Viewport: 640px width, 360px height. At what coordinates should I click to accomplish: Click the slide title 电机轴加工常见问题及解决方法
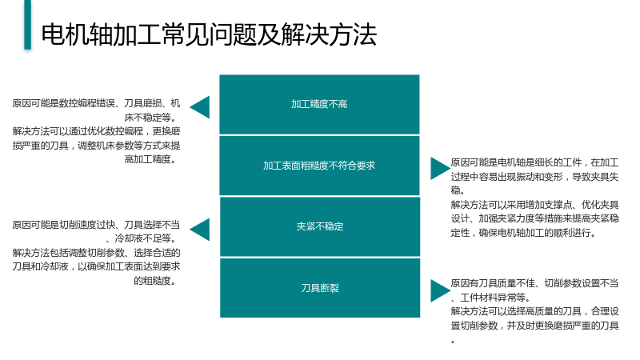pos(209,34)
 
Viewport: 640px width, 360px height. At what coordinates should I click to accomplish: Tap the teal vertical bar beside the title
pos(27,25)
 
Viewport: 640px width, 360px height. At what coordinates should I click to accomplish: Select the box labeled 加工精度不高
pos(319,104)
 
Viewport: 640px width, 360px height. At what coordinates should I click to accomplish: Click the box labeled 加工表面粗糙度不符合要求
pos(319,166)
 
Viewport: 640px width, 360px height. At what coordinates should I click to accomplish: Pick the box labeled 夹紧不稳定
pos(319,226)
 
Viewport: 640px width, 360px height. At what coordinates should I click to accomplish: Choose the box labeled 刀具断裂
pos(319,288)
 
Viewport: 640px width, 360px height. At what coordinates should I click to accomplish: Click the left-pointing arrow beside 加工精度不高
pos(199,107)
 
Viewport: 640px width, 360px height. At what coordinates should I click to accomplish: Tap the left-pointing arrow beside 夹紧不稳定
pos(199,230)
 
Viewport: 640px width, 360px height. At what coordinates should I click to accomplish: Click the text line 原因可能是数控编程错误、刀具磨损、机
pos(96,103)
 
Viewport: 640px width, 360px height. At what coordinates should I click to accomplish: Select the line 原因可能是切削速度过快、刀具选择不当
pos(96,225)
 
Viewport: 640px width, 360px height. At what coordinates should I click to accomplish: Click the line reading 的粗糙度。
pos(155,281)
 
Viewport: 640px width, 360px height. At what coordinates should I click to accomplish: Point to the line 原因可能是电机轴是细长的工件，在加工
pos(534,162)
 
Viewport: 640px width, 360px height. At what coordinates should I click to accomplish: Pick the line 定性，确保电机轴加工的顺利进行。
pos(524,233)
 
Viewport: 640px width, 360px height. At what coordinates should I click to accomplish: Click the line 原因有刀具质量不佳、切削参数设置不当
pos(534,283)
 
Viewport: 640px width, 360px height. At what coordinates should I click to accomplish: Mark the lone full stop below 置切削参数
pos(453,342)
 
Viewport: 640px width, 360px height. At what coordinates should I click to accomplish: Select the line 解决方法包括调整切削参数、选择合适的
pos(96,253)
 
